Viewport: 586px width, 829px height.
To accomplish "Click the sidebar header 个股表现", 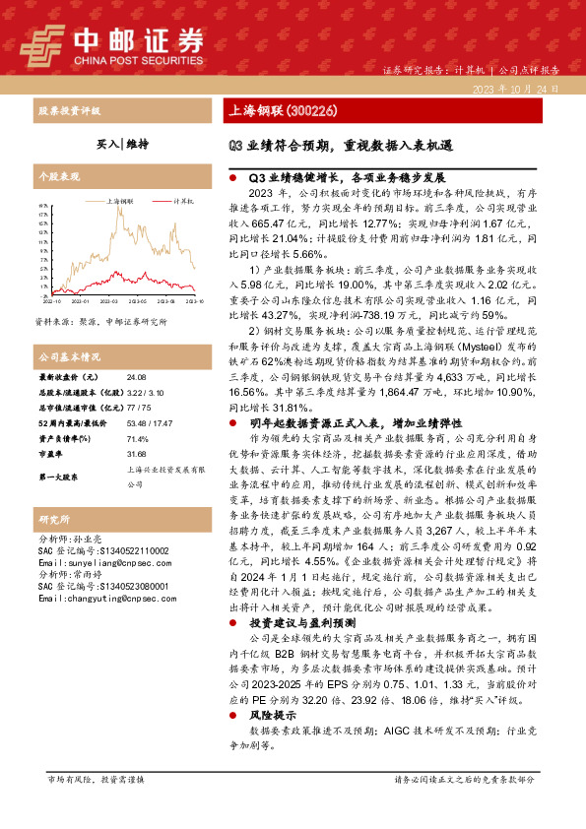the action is pos(56,176).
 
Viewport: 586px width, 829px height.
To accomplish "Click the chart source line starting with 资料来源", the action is pos(100,321).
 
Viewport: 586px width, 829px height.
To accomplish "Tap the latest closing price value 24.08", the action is pos(137,377).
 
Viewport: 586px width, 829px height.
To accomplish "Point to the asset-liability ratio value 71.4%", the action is pos(138,439).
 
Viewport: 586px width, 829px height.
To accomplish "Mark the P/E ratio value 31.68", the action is pos(137,455).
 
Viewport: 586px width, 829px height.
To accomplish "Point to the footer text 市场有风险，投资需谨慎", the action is pos(96,806).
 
